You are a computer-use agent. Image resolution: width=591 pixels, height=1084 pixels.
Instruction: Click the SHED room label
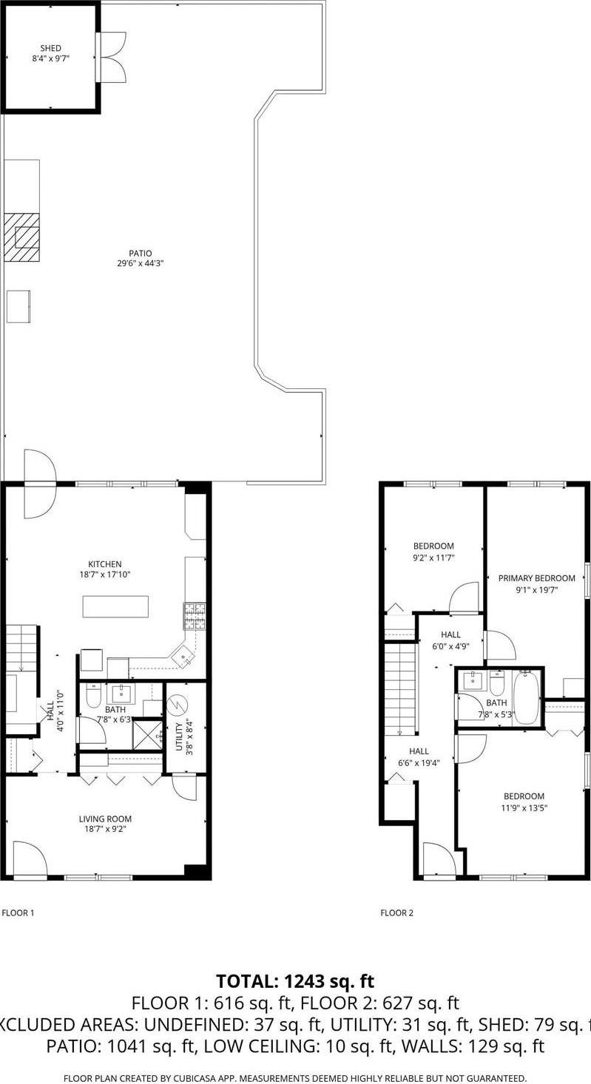[51, 48]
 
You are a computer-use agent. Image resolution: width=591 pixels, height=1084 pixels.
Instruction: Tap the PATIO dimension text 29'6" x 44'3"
[141, 262]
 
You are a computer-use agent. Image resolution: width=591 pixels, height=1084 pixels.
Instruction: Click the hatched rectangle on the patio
[22, 237]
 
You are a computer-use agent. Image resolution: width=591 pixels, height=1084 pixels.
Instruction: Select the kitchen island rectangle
[115, 606]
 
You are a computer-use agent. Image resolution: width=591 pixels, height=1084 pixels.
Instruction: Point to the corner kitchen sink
[181, 655]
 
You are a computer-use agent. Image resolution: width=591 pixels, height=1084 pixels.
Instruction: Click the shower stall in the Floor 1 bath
[147, 734]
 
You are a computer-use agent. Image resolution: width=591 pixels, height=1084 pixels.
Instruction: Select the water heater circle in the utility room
[178, 706]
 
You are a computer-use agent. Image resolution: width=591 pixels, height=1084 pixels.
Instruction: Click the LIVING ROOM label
[105, 819]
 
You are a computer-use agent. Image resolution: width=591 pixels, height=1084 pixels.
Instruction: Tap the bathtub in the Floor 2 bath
[526, 697]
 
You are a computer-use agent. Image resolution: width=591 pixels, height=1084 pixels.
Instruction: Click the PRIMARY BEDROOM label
[536, 578]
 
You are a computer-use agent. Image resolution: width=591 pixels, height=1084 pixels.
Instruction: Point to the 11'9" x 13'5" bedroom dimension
[524, 807]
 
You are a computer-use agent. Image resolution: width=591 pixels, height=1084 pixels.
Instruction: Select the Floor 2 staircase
[400, 688]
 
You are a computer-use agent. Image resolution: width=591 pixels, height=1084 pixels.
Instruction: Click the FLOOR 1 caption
[18, 913]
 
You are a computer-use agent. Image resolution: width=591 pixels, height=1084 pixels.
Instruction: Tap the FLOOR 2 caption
[397, 913]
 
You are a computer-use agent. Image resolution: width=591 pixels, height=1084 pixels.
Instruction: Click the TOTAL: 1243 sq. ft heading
[295, 981]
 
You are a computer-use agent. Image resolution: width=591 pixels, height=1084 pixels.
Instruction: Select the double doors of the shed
[113, 57]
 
